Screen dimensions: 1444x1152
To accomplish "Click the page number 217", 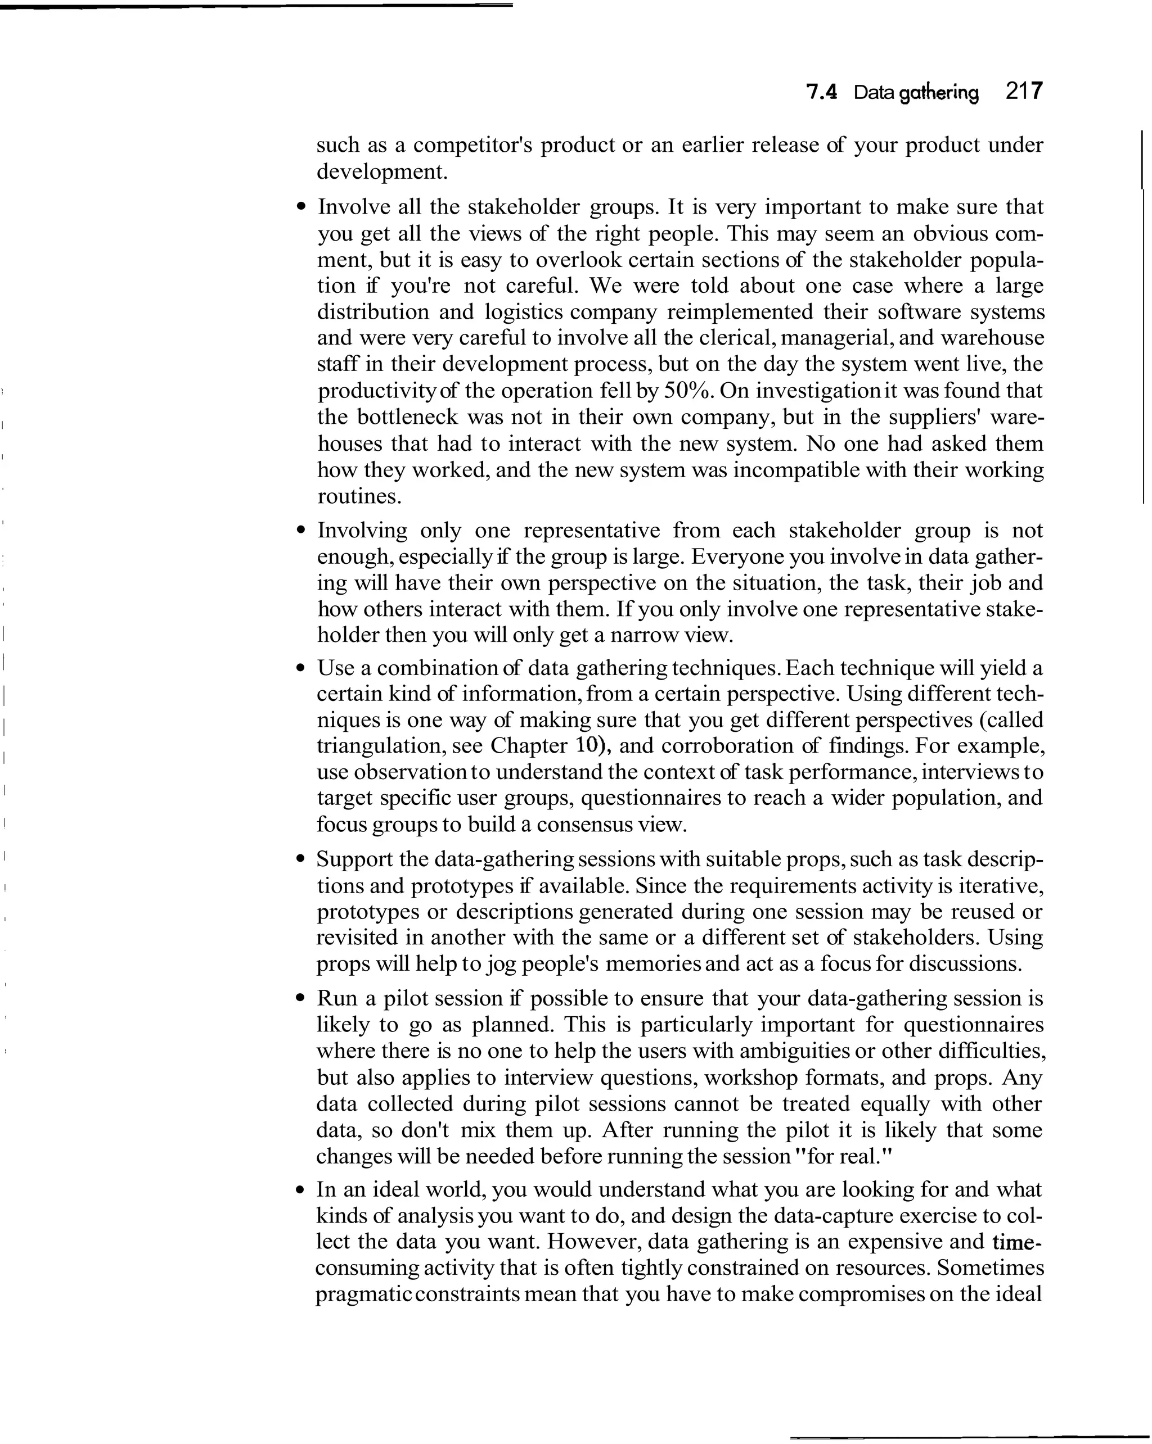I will click(1024, 92).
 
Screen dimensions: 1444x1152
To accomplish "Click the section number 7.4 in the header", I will click(822, 92).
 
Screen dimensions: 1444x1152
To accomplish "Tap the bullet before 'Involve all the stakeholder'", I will click(301, 207).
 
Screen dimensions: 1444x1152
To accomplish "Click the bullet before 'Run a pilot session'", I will click(301, 999).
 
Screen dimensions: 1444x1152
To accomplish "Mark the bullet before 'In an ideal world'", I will click(301, 1190).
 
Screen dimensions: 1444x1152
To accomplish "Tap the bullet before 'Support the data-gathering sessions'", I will click(301, 859).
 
